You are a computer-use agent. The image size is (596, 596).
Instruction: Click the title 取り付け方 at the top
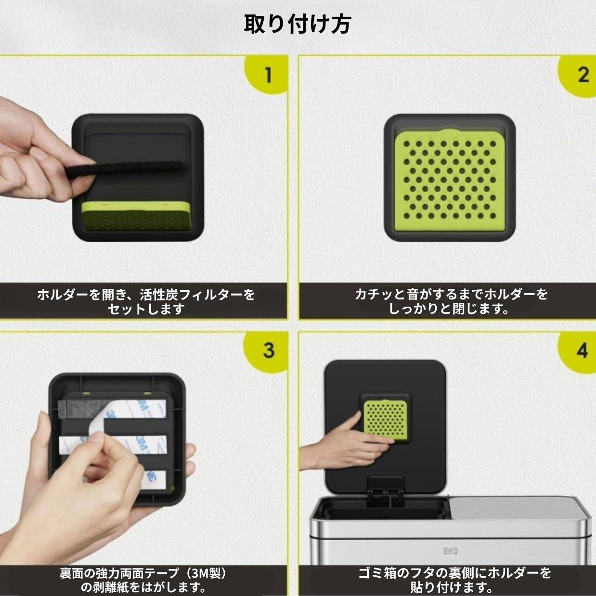[298, 24]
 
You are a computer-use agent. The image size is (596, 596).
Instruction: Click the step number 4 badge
[579, 351]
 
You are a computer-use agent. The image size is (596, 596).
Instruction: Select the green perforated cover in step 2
[449, 180]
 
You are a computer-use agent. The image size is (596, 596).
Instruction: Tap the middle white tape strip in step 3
[113, 445]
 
